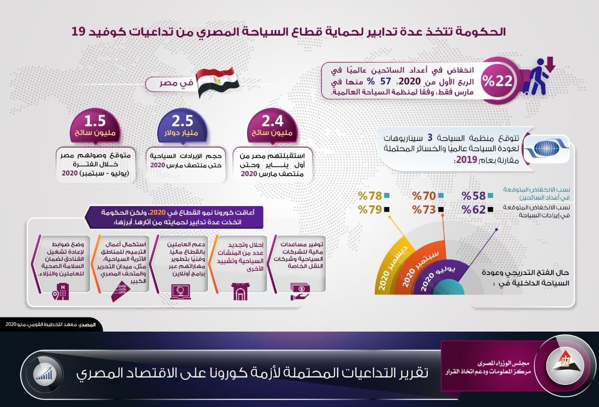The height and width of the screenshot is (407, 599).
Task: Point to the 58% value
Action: coord(474,196)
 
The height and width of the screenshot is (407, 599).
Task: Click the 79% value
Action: coord(370,209)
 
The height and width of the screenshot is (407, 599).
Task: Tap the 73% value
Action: coord(424,209)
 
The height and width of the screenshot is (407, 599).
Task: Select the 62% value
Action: coord(474,209)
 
